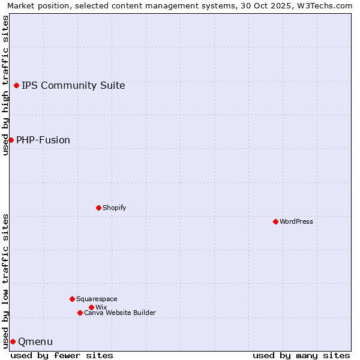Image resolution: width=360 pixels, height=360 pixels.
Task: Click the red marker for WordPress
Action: click(275, 221)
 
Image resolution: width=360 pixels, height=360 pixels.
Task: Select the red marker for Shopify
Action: click(98, 208)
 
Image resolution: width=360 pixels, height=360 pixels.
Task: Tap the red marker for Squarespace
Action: click(72, 299)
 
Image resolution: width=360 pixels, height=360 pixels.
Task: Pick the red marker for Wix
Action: click(91, 307)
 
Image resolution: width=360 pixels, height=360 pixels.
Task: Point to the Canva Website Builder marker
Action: click(80, 313)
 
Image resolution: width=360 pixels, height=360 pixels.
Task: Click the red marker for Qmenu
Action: click(13, 341)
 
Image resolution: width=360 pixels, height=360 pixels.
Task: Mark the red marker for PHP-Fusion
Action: click(11, 140)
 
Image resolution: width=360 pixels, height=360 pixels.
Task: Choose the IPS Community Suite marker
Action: click(16, 85)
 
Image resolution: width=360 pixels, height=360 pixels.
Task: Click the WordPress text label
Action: click(296, 221)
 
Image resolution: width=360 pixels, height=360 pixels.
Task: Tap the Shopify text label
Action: click(114, 208)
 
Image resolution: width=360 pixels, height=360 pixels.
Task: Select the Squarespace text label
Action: click(97, 299)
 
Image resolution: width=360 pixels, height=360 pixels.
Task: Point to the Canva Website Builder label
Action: click(120, 313)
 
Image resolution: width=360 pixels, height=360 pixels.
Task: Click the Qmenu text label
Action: click(35, 341)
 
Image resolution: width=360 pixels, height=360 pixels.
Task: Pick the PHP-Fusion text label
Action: click(43, 140)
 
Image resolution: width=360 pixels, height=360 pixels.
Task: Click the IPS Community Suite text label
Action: click(73, 85)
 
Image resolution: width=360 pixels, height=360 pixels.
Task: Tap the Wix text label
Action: click(101, 307)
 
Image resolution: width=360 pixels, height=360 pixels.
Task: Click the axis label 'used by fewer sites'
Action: click(62, 355)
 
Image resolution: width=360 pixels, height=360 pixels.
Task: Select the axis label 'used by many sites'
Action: click(301, 355)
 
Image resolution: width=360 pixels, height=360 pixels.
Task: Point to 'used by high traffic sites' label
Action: click(5, 85)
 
